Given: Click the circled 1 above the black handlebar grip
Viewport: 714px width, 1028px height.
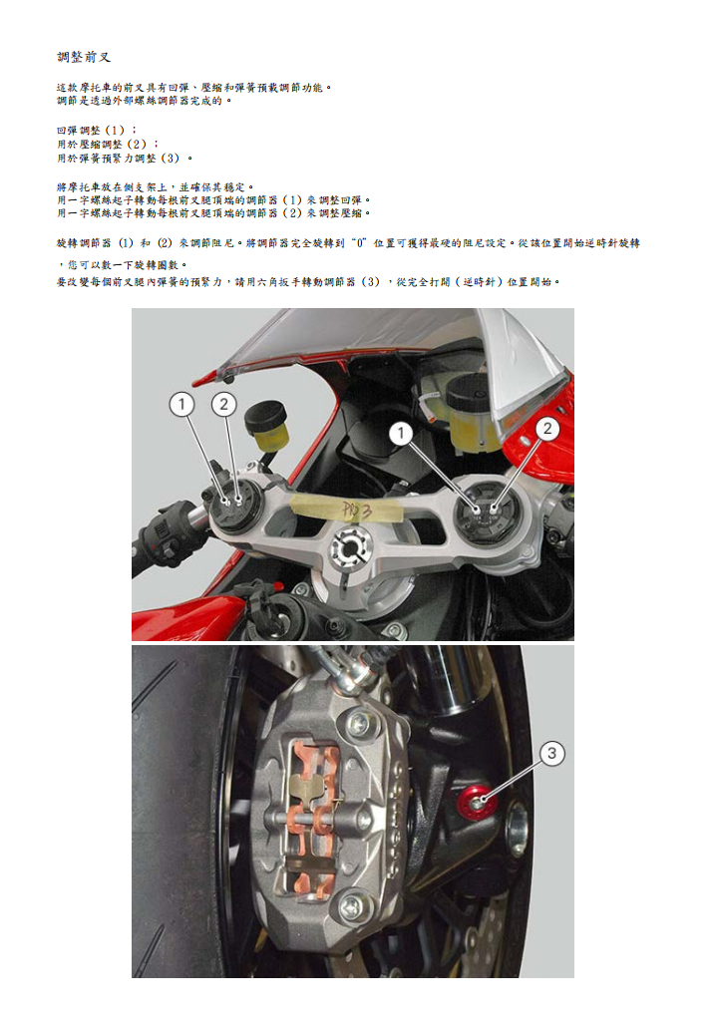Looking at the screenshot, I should click(x=181, y=404).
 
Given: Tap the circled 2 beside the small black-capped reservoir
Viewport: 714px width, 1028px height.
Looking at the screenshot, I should click(x=224, y=404).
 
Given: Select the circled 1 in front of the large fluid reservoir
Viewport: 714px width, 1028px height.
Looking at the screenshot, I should click(x=401, y=432).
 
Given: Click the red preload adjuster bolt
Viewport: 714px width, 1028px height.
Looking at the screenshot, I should click(x=478, y=797).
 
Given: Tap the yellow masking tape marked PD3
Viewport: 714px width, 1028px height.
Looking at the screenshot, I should click(x=349, y=510).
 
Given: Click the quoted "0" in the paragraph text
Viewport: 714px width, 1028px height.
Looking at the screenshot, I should click(x=361, y=242).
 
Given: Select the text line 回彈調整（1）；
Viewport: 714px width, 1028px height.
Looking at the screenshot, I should click(x=98, y=131).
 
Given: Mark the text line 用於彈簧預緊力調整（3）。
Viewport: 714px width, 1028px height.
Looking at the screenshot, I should click(x=125, y=159).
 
